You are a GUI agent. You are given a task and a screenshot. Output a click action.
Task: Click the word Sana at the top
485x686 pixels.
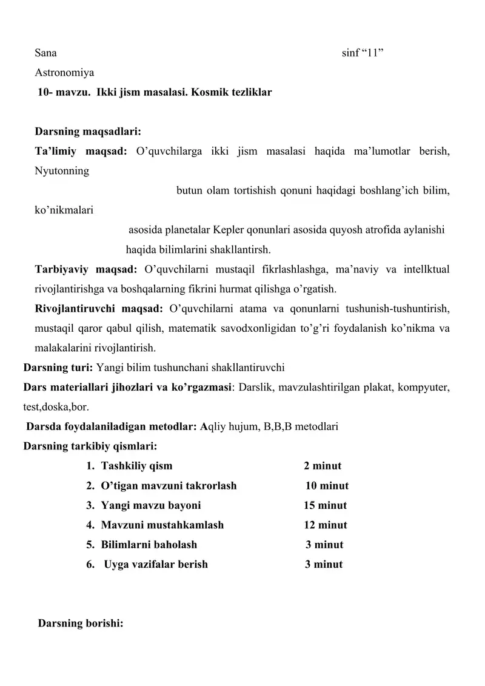[45, 53]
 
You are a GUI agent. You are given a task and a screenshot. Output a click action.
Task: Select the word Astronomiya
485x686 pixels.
[64, 73]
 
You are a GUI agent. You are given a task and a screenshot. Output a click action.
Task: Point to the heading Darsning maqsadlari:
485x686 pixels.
[88, 132]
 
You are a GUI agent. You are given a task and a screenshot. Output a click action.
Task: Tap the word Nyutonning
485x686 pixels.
[62, 170]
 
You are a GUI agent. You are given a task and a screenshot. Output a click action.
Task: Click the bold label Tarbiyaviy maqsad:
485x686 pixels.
[86, 269]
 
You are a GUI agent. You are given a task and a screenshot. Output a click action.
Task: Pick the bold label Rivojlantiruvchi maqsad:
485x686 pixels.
[99, 308]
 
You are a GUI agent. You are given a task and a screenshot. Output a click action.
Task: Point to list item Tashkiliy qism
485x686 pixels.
[136, 466]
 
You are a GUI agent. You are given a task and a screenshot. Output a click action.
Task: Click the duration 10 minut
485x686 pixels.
[327, 486]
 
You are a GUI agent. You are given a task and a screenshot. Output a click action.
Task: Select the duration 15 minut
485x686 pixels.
[325, 505]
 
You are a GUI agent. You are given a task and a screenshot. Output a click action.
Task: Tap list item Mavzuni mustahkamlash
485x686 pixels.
[162, 525]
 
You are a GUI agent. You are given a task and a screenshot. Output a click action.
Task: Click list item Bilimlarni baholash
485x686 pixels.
[149, 545]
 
